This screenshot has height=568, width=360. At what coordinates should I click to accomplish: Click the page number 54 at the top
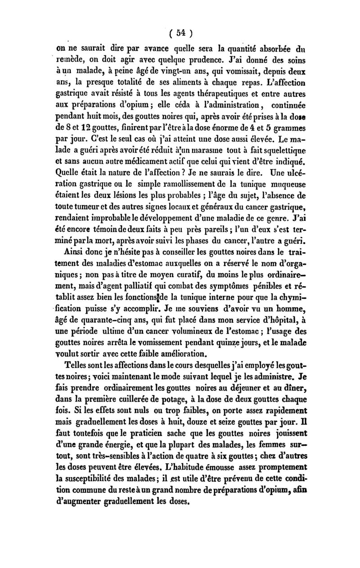[181, 33]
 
